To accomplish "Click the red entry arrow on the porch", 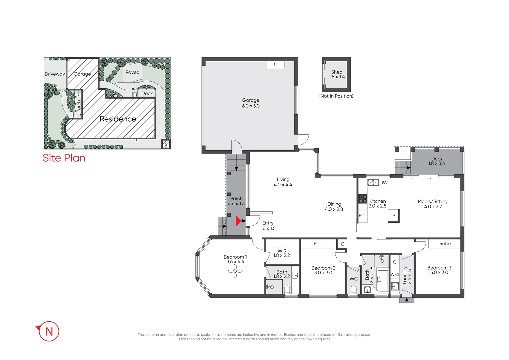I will click(238, 221).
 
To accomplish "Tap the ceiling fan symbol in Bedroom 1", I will click(235, 271).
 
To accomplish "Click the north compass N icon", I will click(49, 331).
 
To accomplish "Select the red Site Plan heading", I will click(64, 158).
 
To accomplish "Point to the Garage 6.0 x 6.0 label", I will click(251, 103).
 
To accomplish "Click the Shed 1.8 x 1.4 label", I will click(337, 74).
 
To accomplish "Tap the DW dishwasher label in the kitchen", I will click(383, 183).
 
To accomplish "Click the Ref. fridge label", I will click(362, 216).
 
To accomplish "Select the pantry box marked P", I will click(394, 216).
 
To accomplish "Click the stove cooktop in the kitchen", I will click(362, 199).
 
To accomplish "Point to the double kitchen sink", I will click(373, 182).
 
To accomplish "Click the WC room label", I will click(353, 279).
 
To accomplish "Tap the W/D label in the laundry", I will click(395, 275).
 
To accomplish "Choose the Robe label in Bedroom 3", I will click(445, 244).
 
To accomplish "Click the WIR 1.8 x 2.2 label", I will click(282, 253).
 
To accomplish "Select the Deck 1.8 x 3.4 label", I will click(437, 161).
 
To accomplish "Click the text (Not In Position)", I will click(336, 96).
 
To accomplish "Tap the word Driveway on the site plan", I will click(55, 74).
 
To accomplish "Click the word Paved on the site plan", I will click(132, 72).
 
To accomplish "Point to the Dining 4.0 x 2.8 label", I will click(334, 207).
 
